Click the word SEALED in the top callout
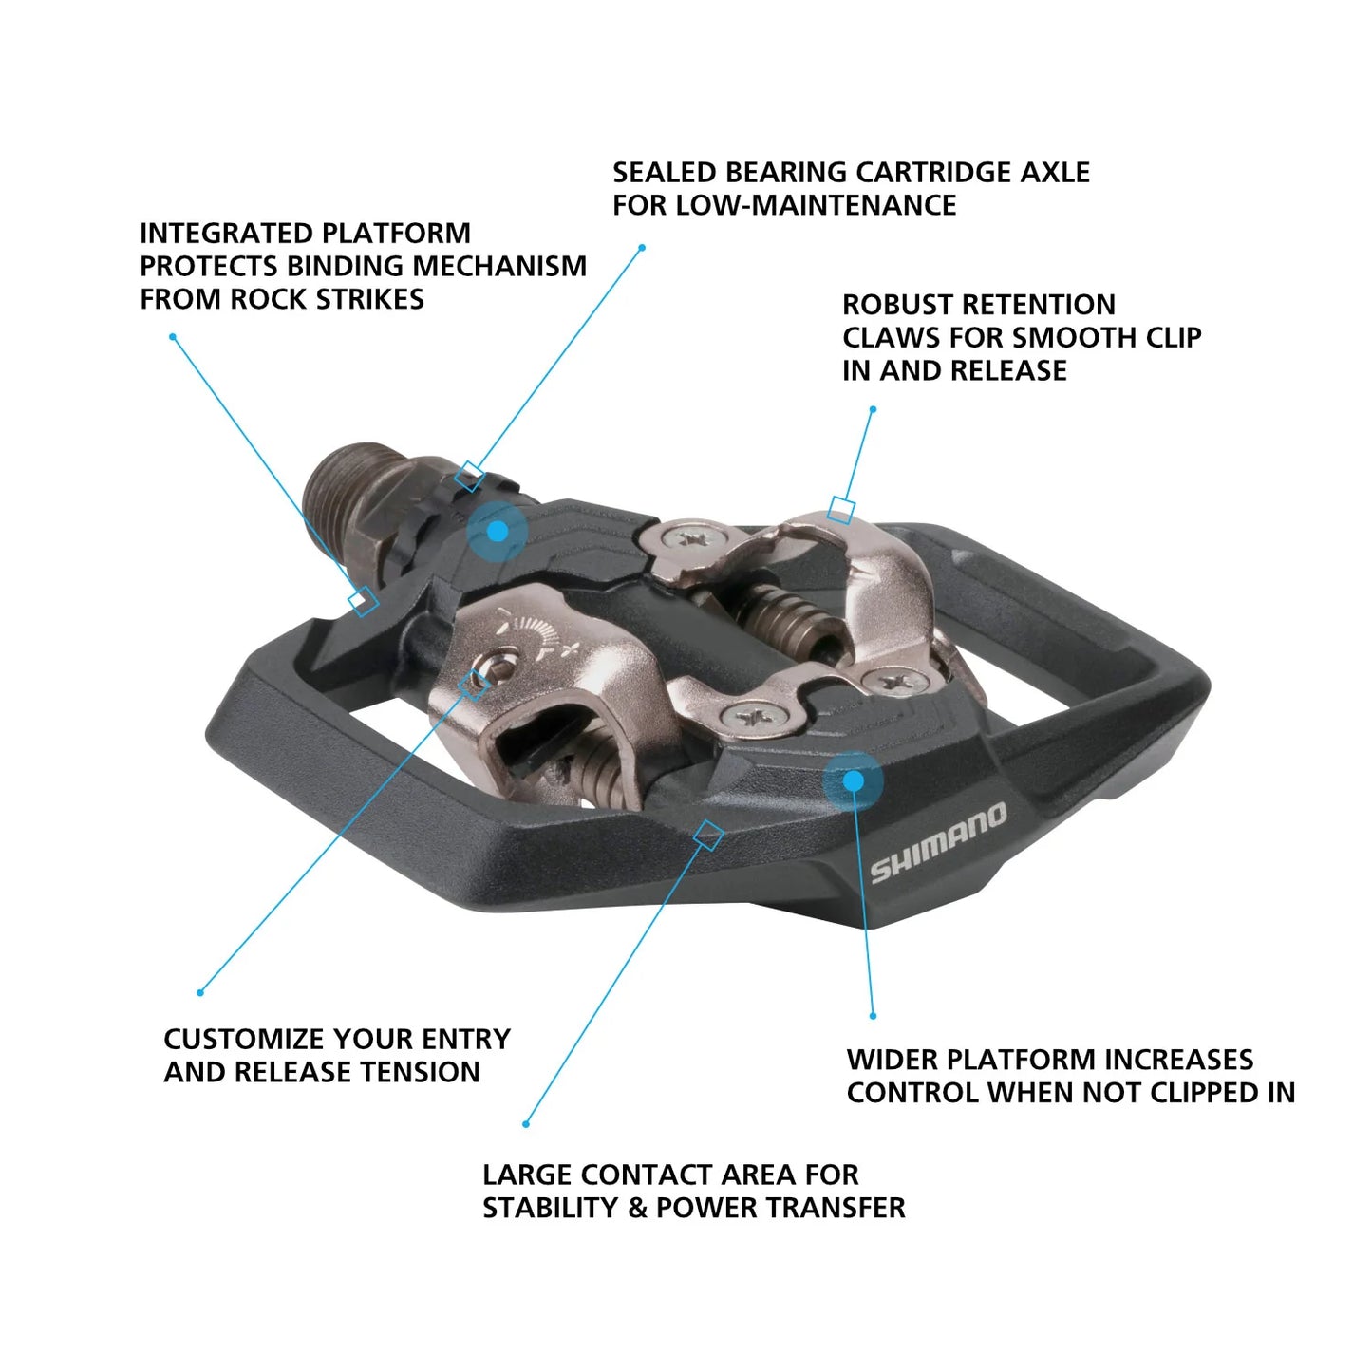pyautogui.click(x=664, y=173)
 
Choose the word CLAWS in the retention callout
pyautogui.click(x=888, y=338)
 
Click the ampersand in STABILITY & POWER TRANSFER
pyautogui.click(x=636, y=1208)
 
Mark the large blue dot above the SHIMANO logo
pyautogui.click(x=853, y=781)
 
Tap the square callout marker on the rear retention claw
pyautogui.click(x=840, y=510)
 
